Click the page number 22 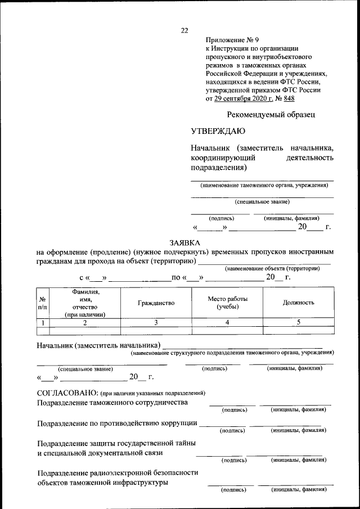click(184, 30)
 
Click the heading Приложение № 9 click(232, 40)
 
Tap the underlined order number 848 click(289, 98)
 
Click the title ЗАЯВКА click(184, 242)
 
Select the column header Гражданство click(156, 303)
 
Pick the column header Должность click(298, 303)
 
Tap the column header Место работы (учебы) click(227, 303)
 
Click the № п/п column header click(43, 303)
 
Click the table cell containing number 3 click(156, 322)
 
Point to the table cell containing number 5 click(298, 322)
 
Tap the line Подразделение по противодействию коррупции click(117, 423)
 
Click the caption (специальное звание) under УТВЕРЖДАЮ click(262, 201)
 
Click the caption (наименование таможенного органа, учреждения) click(262, 185)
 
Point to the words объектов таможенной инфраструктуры click(103, 483)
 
